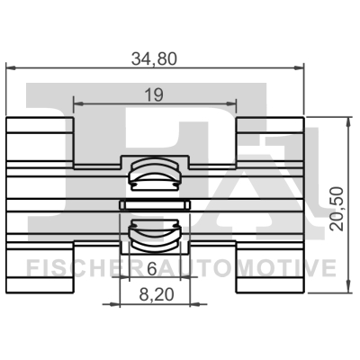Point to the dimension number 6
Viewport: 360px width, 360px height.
[x=151, y=268]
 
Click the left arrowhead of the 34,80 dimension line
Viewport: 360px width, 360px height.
[x=12, y=67]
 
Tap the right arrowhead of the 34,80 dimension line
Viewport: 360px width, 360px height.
[x=299, y=67]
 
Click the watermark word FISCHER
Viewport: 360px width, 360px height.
[x=76, y=268]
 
